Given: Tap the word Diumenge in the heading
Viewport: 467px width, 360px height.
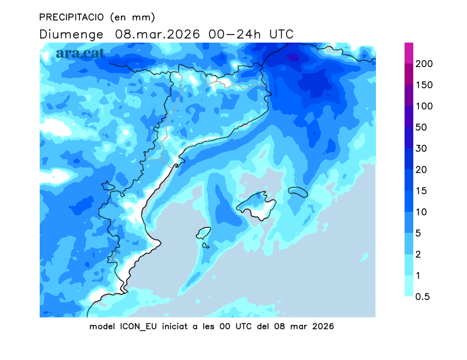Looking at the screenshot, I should point(72,34).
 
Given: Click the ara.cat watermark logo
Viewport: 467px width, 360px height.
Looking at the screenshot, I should point(81,54).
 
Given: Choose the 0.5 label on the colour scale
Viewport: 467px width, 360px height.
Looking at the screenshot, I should point(423,296).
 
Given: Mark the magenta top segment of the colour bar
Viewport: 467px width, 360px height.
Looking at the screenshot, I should point(409,53).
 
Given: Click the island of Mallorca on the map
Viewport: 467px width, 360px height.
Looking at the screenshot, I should point(257,204).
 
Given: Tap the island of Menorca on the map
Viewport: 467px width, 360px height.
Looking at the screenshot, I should point(298,191).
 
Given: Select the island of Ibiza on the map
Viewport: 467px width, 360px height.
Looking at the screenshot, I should point(203,233).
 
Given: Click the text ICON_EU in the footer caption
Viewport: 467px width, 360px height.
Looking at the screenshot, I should point(138,326).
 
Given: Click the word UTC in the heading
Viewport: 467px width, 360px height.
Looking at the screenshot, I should point(281,34).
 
